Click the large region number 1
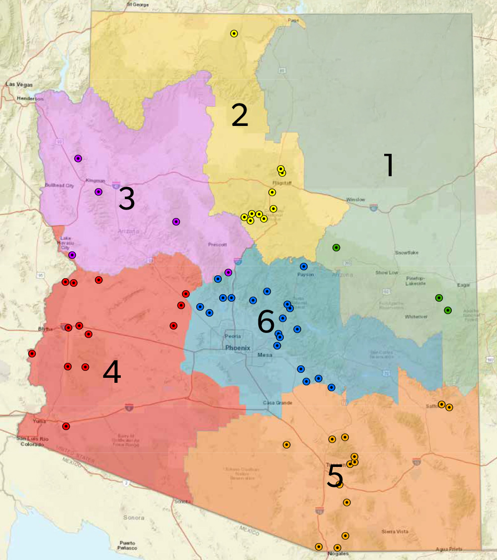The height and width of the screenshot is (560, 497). (389, 165)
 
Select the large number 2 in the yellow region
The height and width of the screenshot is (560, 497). (239, 115)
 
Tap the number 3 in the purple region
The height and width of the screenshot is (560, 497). (127, 199)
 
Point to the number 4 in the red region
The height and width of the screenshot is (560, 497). (112, 372)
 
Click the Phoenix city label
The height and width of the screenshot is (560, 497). (238, 348)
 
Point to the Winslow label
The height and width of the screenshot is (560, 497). (356, 200)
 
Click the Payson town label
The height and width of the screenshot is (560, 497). (305, 275)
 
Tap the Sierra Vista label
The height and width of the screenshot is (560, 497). (395, 532)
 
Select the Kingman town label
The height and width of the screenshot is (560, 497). (95, 180)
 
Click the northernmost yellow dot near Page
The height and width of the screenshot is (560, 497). (234, 34)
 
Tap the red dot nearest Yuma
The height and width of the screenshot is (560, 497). (66, 426)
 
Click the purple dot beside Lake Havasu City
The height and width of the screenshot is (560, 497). (72, 255)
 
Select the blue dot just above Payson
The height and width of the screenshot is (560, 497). (304, 266)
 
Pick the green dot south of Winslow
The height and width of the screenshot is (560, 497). (336, 247)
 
